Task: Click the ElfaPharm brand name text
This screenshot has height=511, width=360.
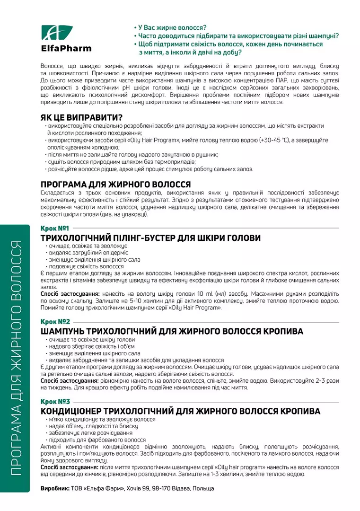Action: pyautogui.click(x=66, y=48)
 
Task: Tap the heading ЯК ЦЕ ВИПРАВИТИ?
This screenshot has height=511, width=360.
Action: pyautogui.click(x=82, y=118)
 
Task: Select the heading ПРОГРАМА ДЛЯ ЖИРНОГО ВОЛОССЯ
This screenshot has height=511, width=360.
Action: pyautogui.click(x=116, y=185)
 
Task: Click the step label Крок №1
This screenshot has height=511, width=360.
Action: pyautogui.click(x=55, y=229)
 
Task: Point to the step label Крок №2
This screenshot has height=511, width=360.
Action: pyautogui.click(x=55, y=321)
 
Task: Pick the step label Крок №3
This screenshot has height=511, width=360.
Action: pyautogui.click(x=55, y=401)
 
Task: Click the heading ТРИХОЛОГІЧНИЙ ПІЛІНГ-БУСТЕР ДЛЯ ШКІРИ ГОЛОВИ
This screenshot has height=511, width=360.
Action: pyautogui.click(x=151, y=238)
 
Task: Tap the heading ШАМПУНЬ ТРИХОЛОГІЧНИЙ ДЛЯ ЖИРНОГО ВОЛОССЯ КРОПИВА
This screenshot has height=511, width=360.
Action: pyautogui.click(x=172, y=331)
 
